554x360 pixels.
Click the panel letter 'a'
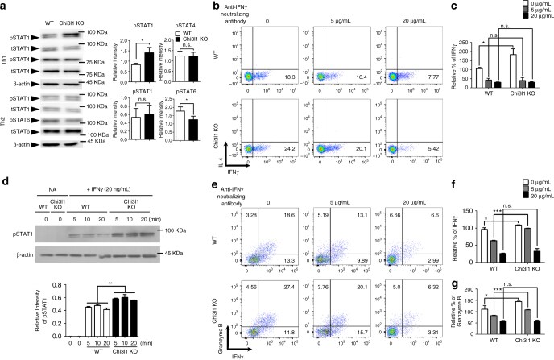pos(5,6)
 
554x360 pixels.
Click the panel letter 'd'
pos(5,192)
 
